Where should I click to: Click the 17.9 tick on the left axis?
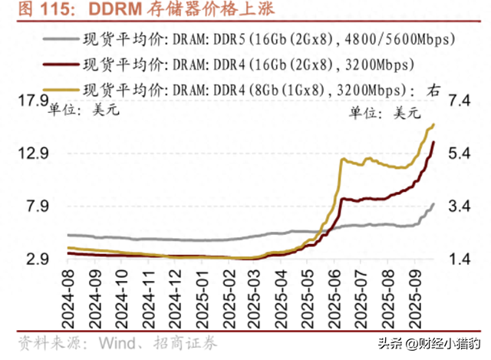click(31, 100)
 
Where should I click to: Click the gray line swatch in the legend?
click(61, 37)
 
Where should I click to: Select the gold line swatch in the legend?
click(61, 87)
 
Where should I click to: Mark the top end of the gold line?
click(434, 124)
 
